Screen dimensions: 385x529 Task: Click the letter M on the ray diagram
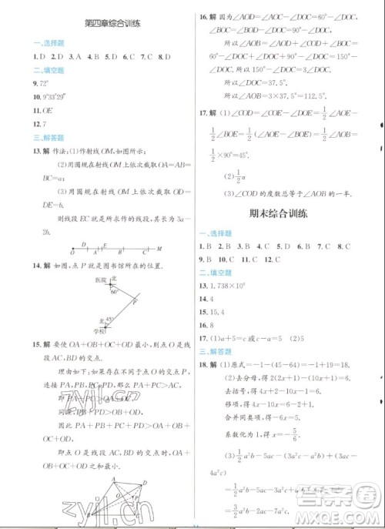point(159,249)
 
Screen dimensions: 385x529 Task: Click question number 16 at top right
point(204,15)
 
